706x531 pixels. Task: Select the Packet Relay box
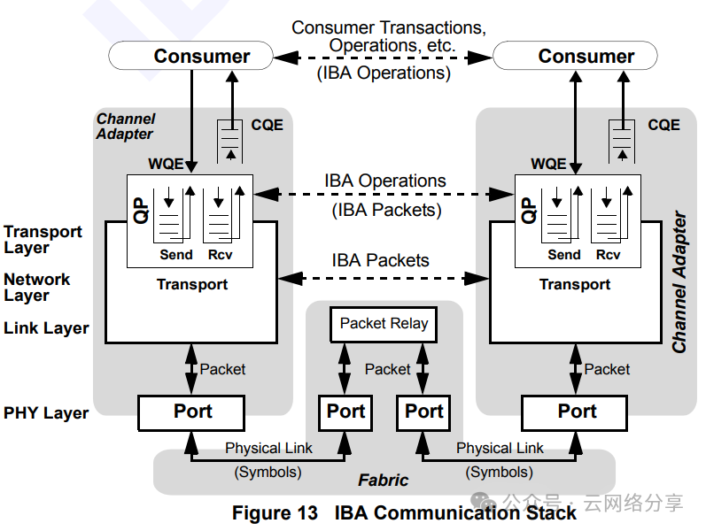pos(384,324)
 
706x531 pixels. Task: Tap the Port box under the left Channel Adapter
pos(191,412)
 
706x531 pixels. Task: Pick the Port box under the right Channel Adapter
pos(576,412)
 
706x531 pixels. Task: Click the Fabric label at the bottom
pos(383,481)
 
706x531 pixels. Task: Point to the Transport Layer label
pos(43,240)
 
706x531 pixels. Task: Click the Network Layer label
pos(36,287)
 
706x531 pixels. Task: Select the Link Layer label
pos(46,328)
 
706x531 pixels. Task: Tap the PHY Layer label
pos(46,413)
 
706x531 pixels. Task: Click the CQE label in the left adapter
pos(267,126)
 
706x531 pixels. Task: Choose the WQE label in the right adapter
pos(548,164)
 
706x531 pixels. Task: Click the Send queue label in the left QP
pos(176,255)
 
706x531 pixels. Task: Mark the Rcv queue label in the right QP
pos(608,255)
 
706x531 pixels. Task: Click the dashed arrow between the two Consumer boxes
pos(383,58)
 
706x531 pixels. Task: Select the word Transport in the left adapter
pos(192,285)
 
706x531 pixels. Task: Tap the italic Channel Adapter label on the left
pos(125,127)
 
